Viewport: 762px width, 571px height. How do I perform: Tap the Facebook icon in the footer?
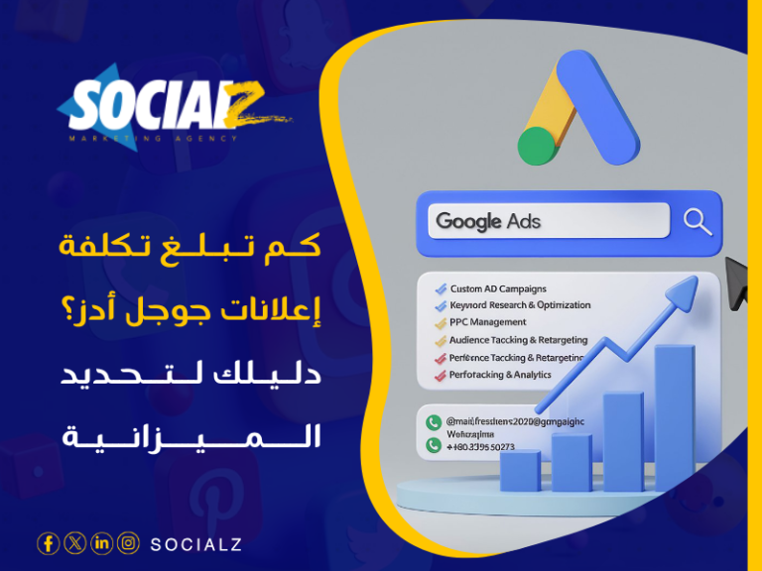pyautogui.click(x=48, y=543)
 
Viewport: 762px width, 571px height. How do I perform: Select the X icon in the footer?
pyautogui.click(x=74, y=543)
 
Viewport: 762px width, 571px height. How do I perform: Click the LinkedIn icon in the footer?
pyautogui.click(x=101, y=543)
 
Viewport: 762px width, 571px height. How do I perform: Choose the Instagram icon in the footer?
pyautogui.click(x=128, y=543)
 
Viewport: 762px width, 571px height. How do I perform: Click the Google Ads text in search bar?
pyautogui.click(x=489, y=221)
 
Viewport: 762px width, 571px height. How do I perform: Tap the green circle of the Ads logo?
pyautogui.click(x=537, y=146)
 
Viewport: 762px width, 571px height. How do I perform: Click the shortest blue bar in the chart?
pyautogui.click(x=521, y=471)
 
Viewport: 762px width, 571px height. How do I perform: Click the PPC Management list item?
pyautogui.click(x=488, y=322)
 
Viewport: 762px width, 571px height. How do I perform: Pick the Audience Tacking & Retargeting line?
pyautogui.click(x=518, y=340)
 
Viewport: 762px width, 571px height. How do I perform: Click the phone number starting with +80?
pyautogui.click(x=481, y=446)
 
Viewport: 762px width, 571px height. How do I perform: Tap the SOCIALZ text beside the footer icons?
pyautogui.click(x=195, y=544)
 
